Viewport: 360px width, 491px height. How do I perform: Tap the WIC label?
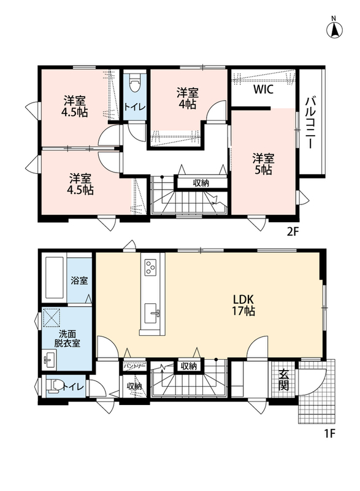click(263, 89)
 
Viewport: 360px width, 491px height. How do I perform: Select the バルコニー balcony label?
click(310, 123)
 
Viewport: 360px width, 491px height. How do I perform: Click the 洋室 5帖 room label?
click(263, 164)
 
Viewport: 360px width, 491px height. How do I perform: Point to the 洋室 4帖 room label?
click(187, 98)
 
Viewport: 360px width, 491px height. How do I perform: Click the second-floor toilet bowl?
click(135, 82)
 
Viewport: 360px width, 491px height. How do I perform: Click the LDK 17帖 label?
click(243, 305)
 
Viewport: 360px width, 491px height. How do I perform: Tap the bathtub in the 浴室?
click(55, 278)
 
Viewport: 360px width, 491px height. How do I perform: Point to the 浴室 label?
click(79, 280)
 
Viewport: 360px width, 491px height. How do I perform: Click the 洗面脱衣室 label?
click(67, 338)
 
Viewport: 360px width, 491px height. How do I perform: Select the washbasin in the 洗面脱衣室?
click(50, 360)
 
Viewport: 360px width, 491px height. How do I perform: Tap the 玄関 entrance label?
click(283, 380)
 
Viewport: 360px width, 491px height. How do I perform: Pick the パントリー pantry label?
click(134, 366)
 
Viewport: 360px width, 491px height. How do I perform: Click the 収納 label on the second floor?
click(201, 183)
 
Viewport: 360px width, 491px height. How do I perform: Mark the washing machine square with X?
click(52, 317)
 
